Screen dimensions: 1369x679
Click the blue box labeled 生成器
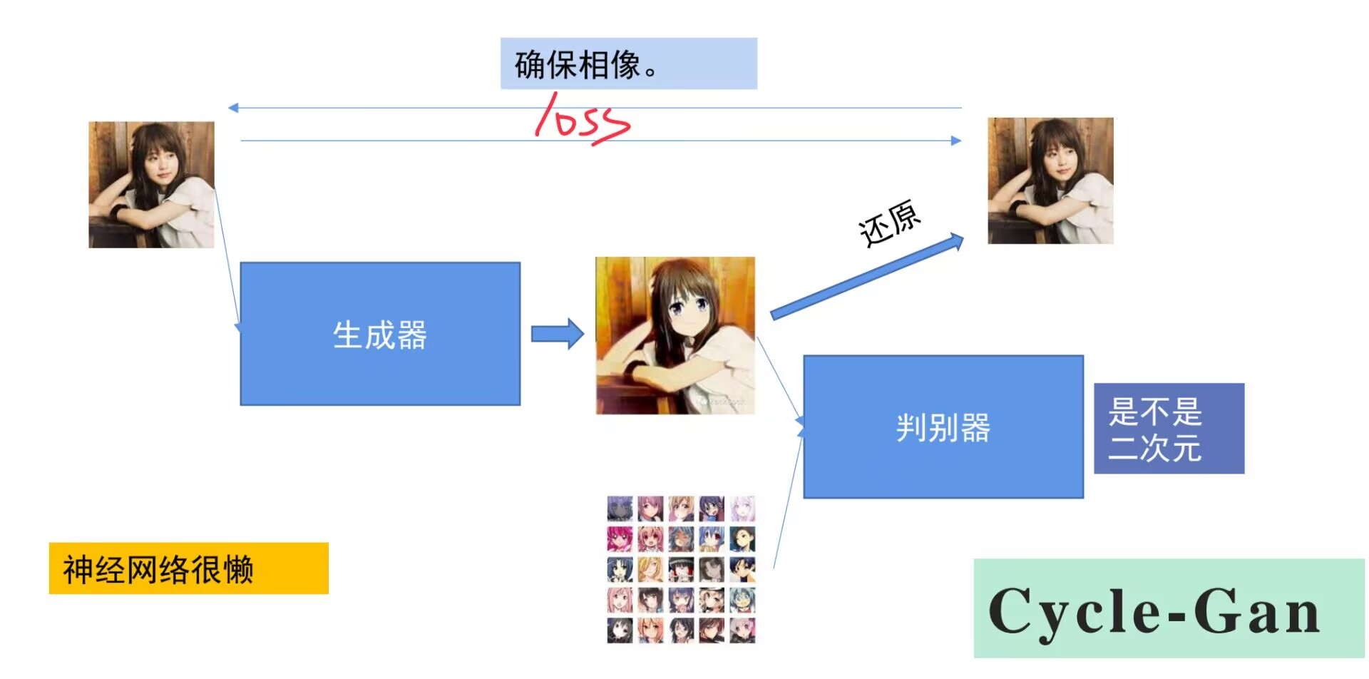(380, 334)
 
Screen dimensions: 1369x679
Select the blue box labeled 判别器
(943, 427)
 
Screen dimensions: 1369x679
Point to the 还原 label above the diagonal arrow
(889, 223)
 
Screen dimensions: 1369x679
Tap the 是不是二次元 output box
(1169, 429)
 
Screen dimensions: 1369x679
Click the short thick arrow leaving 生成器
(557, 334)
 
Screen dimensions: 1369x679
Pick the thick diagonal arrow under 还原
(866, 277)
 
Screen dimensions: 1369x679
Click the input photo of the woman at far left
(151, 185)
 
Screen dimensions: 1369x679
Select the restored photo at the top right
(1050, 181)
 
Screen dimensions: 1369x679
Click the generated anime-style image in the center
(675, 335)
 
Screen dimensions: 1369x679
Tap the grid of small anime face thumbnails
(681, 569)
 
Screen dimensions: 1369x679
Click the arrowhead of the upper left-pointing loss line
(233, 108)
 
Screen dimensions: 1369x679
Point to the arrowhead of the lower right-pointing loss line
(956, 141)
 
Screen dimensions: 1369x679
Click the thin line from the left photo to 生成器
(226, 257)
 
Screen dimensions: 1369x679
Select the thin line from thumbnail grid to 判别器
(788, 499)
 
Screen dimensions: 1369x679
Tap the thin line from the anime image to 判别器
(779, 378)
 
